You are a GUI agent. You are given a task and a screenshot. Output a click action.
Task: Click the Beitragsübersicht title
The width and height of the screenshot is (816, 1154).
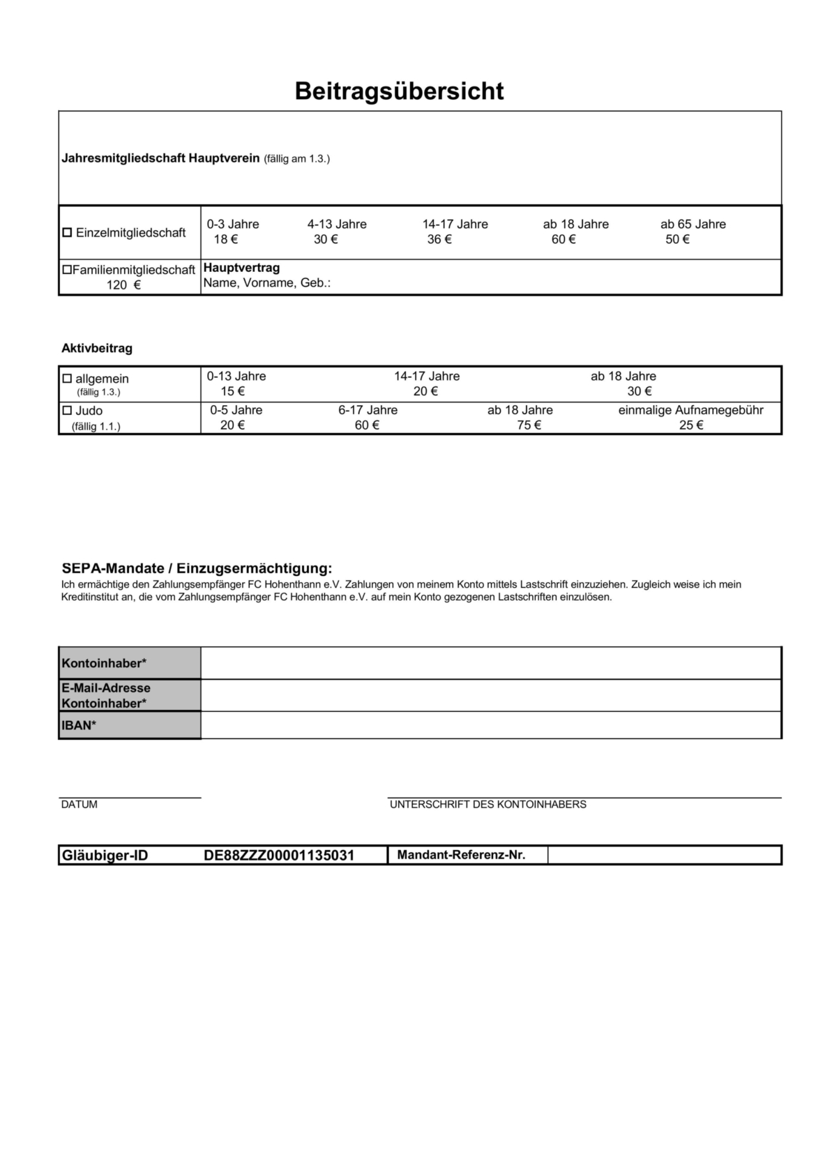click(x=399, y=91)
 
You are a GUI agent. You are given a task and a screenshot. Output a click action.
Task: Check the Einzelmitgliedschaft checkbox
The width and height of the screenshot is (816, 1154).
click(x=68, y=233)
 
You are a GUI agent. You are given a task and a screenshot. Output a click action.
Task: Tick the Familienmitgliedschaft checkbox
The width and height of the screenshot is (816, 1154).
click(x=67, y=270)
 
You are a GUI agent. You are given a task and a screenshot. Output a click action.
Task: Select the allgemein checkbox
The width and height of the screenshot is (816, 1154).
click(x=68, y=379)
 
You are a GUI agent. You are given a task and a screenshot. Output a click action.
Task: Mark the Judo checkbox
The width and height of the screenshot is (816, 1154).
click(x=68, y=411)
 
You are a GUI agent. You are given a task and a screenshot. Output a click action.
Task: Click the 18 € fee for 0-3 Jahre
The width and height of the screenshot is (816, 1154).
click(x=225, y=240)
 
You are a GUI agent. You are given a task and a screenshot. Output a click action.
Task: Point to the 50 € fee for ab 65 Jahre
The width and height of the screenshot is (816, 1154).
click(x=677, y=240)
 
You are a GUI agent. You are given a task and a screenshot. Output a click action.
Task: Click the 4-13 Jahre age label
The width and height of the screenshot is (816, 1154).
click(x=337, y=225)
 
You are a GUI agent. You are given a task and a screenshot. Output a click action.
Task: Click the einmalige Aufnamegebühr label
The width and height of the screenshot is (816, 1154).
click(x=690, y=410)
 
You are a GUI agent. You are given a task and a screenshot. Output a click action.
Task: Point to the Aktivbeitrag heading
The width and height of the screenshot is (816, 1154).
click(x=97, y=348)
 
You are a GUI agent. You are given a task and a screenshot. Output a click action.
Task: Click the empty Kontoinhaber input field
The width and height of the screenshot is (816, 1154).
click(x=490, y=663)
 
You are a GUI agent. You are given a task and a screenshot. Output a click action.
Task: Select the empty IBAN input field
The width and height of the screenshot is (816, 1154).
click(x=490, y=725)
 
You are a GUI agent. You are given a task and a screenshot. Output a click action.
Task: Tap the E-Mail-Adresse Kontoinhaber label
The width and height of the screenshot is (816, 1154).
click(x=106, y=696)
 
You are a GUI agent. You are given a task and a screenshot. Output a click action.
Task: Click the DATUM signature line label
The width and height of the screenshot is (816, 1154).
click(x=80, y=805)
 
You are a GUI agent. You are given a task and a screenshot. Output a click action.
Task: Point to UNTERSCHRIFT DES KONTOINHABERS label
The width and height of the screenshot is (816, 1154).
click(x=488, y=805)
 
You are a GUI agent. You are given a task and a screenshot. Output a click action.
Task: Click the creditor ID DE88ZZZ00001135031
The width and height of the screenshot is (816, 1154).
click(x=279, y=856)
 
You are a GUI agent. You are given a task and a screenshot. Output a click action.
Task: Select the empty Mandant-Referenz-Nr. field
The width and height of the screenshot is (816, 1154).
click(x=663, y=855)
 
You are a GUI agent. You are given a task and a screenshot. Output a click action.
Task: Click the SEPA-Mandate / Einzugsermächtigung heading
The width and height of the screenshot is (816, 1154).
click(x=197, y=569)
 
